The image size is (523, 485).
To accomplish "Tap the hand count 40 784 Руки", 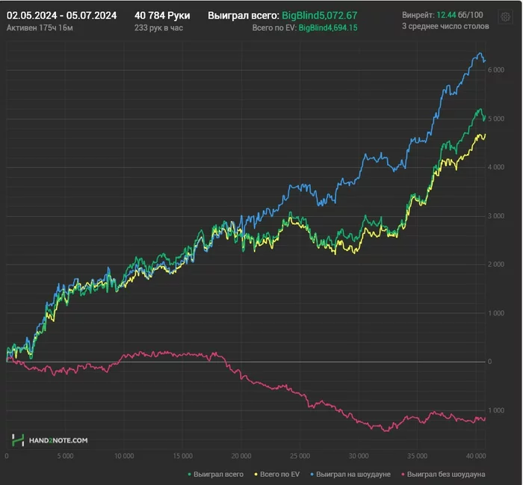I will tap(162, 15).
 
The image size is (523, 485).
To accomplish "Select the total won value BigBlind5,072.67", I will tap(330, 15).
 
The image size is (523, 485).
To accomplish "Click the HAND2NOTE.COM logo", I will tap(50, 440).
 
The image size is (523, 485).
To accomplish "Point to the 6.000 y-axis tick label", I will tap(495, 70).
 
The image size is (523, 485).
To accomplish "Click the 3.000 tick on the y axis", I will tap(495, 216).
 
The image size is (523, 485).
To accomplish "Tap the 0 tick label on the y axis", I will tap(491, 362).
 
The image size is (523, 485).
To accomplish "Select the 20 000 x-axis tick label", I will tap(241, 455).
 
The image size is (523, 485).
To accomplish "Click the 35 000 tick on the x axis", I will tap(417, 455).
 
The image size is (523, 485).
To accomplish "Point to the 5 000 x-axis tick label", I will tap(65, 455).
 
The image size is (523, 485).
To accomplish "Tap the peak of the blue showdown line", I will tap(479, 54).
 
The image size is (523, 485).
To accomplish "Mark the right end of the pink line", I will tap(485, 418).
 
